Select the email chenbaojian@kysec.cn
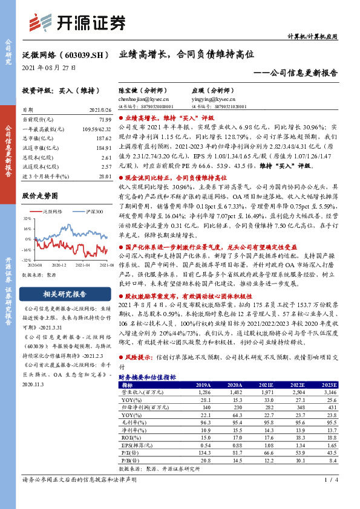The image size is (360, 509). point(136,99)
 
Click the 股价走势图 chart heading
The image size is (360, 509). point(40,196)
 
